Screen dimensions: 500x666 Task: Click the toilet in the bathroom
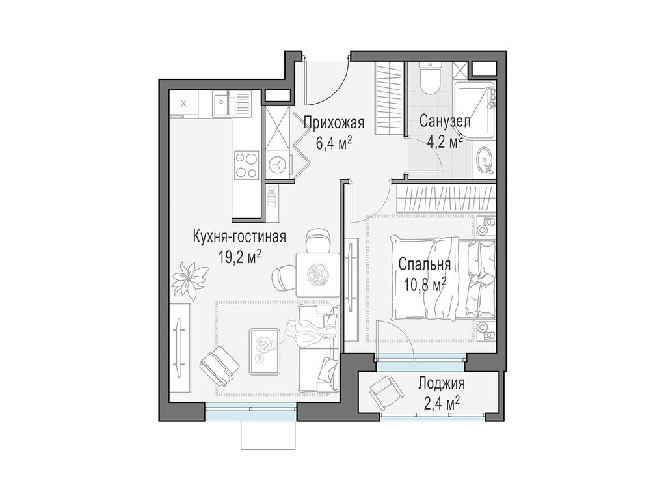click(x=429, y=79)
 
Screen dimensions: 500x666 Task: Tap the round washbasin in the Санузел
click(x=485, y=160)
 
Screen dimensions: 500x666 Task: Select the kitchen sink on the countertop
click(x=224, y=104)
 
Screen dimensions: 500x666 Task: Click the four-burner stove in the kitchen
click(x=246, y=164)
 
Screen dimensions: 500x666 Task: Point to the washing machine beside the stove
click(x=278, y=165)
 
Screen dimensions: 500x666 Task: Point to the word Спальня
click(x=424, y=266)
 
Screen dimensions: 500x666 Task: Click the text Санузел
click(x=445, y=121)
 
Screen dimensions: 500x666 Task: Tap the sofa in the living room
click(x=318, y=350)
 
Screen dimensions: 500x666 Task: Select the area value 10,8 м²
click(x=422, y=283)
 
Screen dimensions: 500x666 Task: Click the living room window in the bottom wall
click(x=251, y=407)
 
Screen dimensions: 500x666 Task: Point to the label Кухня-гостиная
click(x=239, y=236)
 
